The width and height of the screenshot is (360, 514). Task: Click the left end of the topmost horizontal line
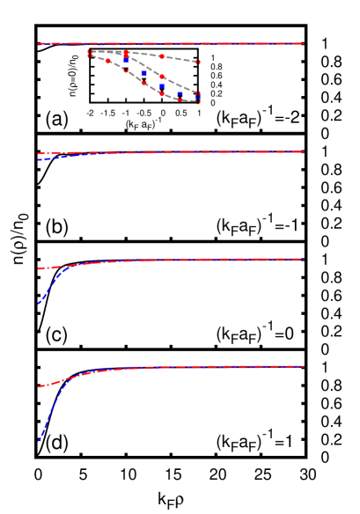tap(39, 43)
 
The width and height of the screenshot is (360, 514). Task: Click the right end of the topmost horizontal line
tap(304, 43)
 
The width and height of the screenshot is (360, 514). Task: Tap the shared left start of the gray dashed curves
tap(90, 54)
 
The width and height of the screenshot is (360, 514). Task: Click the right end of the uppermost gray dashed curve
tap(197, 62)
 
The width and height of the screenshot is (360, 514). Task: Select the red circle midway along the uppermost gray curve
tap(162, 56)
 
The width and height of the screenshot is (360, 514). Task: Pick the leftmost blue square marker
tap(126, 60)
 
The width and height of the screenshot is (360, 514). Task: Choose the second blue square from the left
tap(144, 74)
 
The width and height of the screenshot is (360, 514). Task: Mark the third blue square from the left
tap(162, 86)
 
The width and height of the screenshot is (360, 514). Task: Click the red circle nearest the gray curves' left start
tap(108, 61)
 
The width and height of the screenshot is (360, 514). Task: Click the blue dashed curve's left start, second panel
tap(39, 160)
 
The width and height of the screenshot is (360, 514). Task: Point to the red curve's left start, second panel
tap(39, 154)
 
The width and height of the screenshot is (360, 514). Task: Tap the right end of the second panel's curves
tap(304, 151)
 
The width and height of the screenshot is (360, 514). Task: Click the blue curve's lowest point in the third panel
tap(39, 304)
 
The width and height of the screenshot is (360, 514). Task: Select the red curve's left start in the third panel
tap(39, 268)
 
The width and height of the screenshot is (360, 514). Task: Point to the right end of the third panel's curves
tap(304, 259)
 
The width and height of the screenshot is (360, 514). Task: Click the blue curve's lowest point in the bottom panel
tap(39, 440)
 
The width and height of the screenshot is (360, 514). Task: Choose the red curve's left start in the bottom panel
tap(39, 386)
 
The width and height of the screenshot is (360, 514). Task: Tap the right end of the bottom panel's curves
tap(304, 366)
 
